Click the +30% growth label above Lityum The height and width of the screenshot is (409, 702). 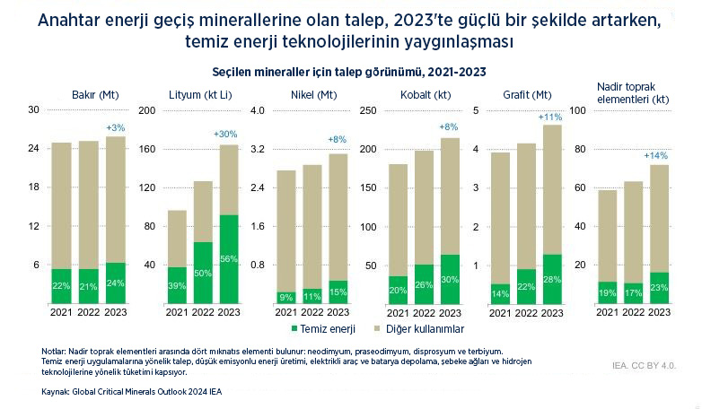point(226,134)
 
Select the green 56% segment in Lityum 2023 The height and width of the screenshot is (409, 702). point(228,259)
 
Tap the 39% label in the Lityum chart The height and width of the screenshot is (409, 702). point(177,285)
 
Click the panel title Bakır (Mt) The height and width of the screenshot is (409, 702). point(94,94)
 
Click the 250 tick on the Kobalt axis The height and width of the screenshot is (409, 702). point(368,110)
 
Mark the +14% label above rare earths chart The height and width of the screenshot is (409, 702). point(656,155)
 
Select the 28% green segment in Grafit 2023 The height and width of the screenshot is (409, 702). point(552,279)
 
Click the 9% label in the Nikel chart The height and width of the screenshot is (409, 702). point(286,297)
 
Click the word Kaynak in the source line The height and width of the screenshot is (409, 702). point(56,393)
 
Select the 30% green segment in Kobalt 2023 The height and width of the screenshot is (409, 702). point(449,279)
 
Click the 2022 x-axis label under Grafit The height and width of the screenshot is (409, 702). point(527,312)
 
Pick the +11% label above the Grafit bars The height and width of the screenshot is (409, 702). point(549,117)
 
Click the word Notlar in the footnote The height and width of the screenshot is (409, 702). point(54,351)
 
